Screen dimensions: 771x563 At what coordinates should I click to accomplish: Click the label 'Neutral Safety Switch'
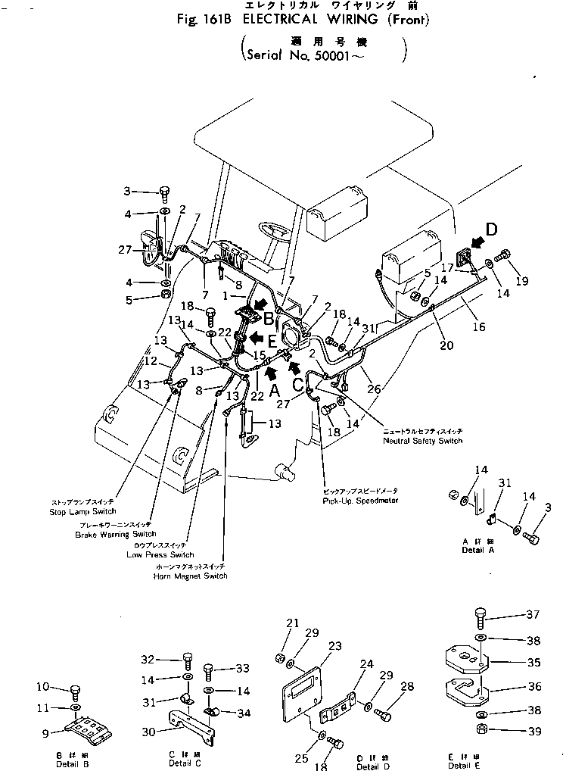[422, 440]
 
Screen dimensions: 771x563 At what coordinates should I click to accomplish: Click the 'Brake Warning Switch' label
[115, 534]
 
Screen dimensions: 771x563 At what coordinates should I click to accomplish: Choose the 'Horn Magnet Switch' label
[190, 576]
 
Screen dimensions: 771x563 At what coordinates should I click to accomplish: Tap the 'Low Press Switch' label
[160, 554]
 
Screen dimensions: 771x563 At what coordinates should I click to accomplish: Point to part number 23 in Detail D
[335, 646]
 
